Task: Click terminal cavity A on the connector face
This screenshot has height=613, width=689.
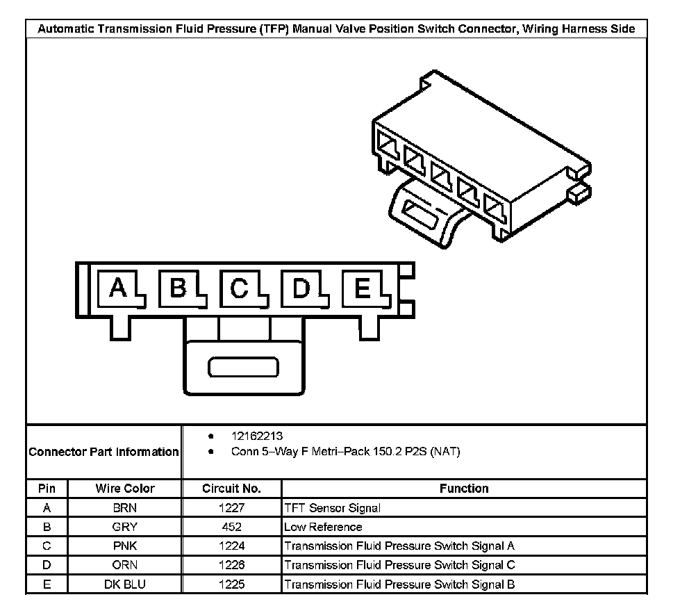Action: pyautogui.click(x=119, y=288)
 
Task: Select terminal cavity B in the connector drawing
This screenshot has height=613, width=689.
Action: pyautogui.click(x=179, y=288)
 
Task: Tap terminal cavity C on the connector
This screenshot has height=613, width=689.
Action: pyautogui.click(x=240, y=288)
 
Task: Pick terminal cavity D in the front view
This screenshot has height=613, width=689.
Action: pyautogui.click(x=301, y=288)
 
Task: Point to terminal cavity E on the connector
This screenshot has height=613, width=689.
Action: pyautogui.click(x=362, y=288)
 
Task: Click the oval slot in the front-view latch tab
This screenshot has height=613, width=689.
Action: pyautogui.click(x=244, y=368)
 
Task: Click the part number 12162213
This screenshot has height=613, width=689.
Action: pyautogui.click(x=256, y=436)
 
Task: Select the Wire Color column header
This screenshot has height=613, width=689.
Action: pyautogui.click(x=125, y=489)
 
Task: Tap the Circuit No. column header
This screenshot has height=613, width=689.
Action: pyautogui.click(x=231, y=489)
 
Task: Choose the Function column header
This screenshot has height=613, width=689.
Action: pyautogui.click(x=464, y=489)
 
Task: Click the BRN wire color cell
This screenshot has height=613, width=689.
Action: pyautogui.click(x=125, y=508)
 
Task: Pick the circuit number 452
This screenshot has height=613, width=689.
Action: pyautogui.click(x=231, y=527)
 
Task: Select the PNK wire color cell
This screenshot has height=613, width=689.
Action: pyautogui.click(x=125, y=546)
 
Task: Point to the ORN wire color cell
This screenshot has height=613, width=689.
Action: pyautogui.click(x=125, y=565)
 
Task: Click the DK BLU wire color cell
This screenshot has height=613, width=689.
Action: pyautogui.click(x=125, y=585)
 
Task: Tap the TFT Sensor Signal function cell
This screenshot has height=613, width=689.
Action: pyautogui.click(x=332, y=508)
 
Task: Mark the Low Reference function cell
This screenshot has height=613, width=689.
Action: pyautogui.click(x=323, y=527)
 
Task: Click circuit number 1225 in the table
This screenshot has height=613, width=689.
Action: pyautogui.click(x=231, y=585)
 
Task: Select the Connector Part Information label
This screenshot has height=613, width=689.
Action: pyautogui.click(x=103, y=452)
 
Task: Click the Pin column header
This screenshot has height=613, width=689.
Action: pyautogui.click(x=47, y=489)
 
